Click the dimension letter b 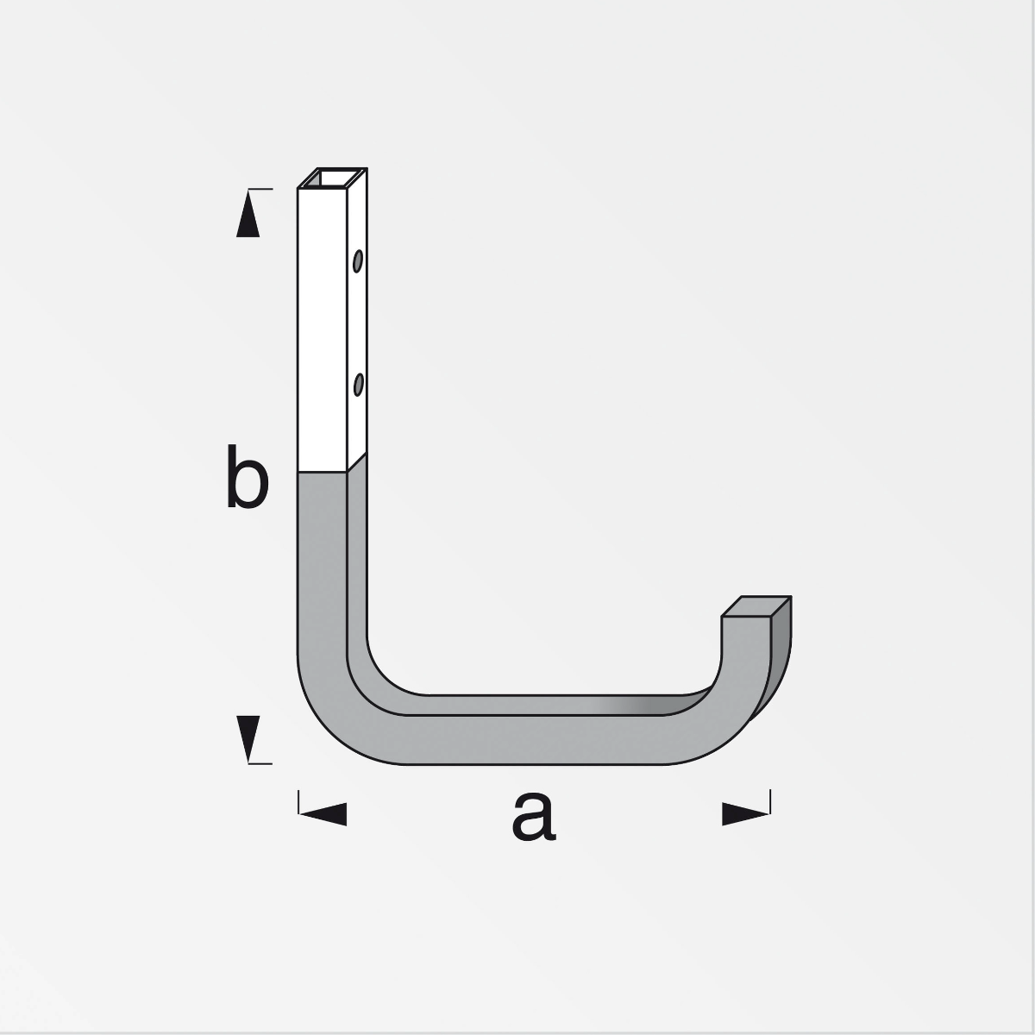pos(247,476)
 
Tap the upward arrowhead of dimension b pos(248,214)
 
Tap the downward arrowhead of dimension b pos(248,738)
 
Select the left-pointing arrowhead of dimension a pos(323,814)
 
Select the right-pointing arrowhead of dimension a pos(745,814)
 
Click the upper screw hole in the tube pos(358,261)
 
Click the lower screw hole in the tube pos(358,385)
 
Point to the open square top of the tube pos(333,178)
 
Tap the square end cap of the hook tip pos(756,606)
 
